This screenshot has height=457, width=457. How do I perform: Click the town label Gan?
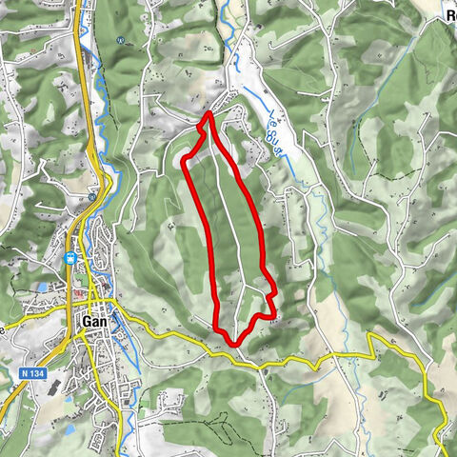tap(94, 322)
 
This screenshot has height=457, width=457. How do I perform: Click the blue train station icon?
tap(70, 257)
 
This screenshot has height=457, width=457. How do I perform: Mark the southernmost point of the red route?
tap(230, 341)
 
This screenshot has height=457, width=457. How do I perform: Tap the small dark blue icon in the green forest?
tap(121, 41)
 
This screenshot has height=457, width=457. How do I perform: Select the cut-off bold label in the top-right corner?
tap(450, 14)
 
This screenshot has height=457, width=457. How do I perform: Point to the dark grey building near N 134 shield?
tap(51, 388)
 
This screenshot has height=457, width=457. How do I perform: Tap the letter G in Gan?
tap(87, 322)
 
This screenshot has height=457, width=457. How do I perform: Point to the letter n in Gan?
tap(102, 323)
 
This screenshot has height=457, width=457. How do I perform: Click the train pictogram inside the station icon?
tap(70, 257)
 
